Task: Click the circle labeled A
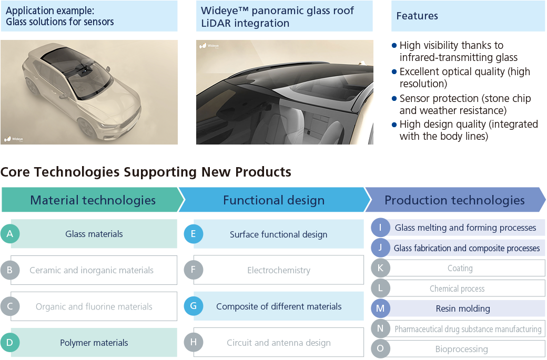[x=10, y=234]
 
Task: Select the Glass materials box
[x=94, y=234]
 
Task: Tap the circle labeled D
[x=10, y=343]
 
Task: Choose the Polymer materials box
[x=94, y=343]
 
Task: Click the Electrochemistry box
[x=279, y=270]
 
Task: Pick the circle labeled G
[x=193, y=306]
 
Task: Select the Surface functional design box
[x=279, y=234]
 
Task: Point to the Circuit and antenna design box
[x=279, y=343]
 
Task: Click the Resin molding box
[x=463, y=308]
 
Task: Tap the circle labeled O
[x=380, y=349]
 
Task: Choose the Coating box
[x=460, y=268]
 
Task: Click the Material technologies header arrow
[x=93, y=200]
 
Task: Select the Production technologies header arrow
[x=454, y=200]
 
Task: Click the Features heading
[x=417, y=16]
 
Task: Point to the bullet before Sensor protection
[x=394, y=98]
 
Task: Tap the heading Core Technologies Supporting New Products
[x=146, y=172]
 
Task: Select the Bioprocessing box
[x=461, y=349]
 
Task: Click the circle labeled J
[x=380, y=248]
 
